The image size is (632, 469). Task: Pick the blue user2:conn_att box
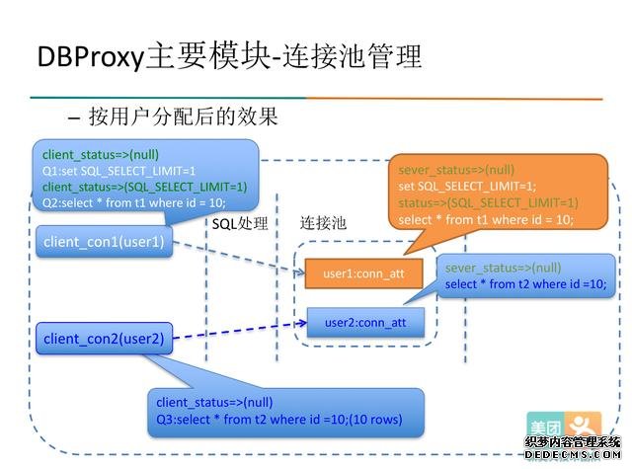pyautogui.click(x=365, y=321)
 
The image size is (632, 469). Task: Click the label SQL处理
pyautogui.click(x=240, y=223)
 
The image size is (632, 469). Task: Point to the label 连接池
pyautogui.click(x=323, y=223)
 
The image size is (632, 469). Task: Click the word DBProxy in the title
pyautogui.click(x=90, y=57)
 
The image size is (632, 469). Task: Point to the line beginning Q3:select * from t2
pyautogui.click(x=278, y=418)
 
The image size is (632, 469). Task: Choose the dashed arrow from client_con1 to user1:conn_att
pyautogui.click(x=237, y=260)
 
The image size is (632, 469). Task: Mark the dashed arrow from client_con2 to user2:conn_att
pyautogui.click(x=237, y=331)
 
